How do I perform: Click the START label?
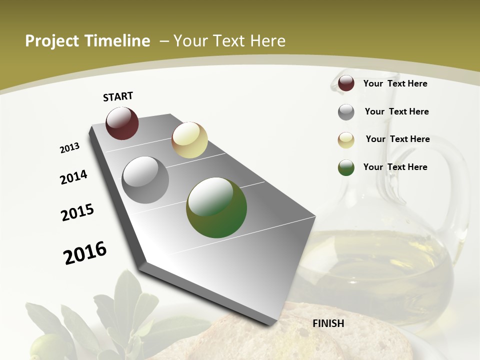point(118,96)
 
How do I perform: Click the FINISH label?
point(328,323)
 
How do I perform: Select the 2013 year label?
point(70,148)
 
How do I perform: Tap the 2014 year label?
point(74,177)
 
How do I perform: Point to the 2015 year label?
point(77,212)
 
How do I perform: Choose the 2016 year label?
point(85,253)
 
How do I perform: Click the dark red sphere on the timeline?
point(122,123)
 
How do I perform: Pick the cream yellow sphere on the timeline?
point(189,140)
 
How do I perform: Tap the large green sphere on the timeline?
point(216,207)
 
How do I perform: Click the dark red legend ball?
point(346,83)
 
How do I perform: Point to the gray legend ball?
point(346,112)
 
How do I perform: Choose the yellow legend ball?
point(346,140)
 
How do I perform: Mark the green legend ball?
point(346,167)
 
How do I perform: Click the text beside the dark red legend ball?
point(395,83)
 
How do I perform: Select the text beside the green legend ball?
point(395,167)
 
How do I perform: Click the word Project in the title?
point(51,41)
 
